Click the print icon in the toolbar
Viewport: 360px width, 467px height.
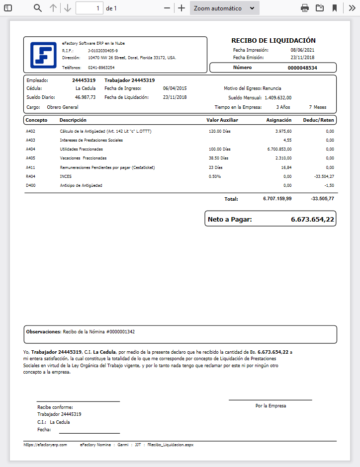click(305, 8)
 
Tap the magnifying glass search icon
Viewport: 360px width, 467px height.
click(38, 8)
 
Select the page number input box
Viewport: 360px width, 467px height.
click(90, 8)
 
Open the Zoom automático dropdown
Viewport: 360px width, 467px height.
click(225, 8)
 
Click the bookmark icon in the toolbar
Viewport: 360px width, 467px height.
click(335, 8)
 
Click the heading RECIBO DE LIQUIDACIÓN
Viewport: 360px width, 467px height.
click(273, 41)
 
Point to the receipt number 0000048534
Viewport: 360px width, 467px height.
click(302, 68)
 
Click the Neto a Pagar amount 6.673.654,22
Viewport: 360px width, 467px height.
click(312, 219)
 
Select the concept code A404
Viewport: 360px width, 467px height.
click(30, 149)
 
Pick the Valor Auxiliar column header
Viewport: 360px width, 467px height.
click(222, 120)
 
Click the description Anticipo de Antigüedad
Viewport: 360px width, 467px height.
click(81, 185)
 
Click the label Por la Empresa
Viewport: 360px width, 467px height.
click(270, 406)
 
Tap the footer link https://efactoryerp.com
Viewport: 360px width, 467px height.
click(45, 445)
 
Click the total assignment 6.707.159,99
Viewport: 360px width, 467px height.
click(277, 199)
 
